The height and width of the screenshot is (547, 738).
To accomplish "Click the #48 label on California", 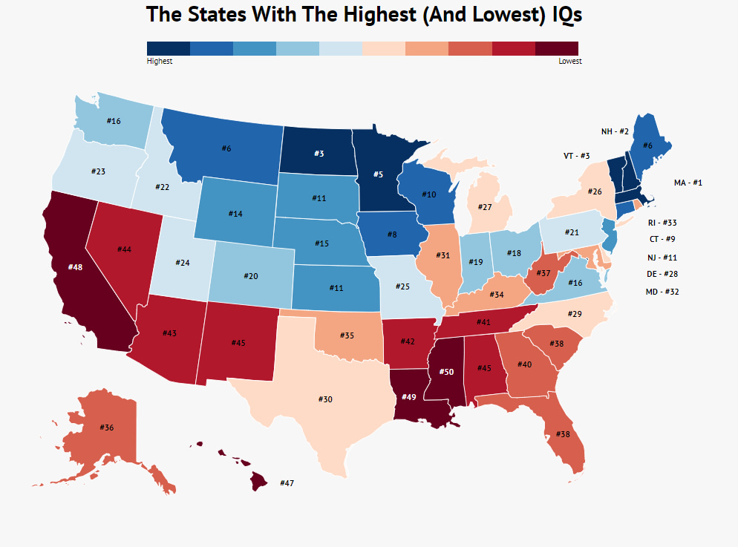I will [75, 266].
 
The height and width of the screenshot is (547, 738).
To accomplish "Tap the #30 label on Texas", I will [325, 399].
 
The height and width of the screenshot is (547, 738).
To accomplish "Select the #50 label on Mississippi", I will [445, 371].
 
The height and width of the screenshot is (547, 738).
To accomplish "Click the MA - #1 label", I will [688, 183].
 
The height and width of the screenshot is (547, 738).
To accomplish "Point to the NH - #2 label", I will [615, 131].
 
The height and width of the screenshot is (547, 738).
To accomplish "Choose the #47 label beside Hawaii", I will [287, 483].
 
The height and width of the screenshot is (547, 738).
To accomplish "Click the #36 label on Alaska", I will [106, 428].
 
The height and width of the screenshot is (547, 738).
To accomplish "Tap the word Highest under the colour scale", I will [160, 62].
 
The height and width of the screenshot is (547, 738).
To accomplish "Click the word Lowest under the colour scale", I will [570, 62].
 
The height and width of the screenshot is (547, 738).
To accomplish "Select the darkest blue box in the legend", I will [169, 48].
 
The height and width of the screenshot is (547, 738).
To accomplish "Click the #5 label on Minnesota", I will [377, 174].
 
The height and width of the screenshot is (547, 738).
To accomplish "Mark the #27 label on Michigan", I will [486, 207].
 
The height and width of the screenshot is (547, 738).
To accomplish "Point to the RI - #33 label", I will [662, 223].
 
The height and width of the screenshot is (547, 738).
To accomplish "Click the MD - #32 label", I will [662, 292].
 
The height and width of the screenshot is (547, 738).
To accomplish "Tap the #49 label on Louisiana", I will [408, 397].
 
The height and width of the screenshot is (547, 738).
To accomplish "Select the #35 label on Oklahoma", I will [347, 335].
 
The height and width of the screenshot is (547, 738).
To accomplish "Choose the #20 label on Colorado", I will [250, 275].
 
